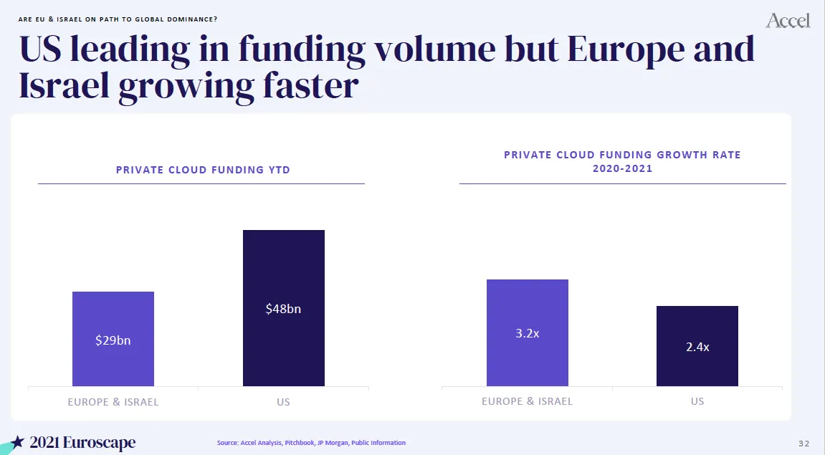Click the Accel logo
pyautogui.click(x=788, y=21)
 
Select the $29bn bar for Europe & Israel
pyautogui.click(x=113, y=315)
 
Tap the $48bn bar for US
pyautogui.click(x=284, y=272)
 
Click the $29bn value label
pyautogui.click(x=113, y=341)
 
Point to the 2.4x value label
pyautogui.click(x=697, y=347)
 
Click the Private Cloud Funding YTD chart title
pyautogui.click(x=203, y=170)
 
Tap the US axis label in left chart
pyautogui.click(x=284, y=402)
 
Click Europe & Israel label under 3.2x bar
pyautogui.click(x=528, y=401)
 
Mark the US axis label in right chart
pyautogui.click(x=697, y=401)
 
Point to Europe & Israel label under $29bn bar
pyautogui.click(x=113, y=402)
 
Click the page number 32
pyautogui.click(x=803, y=443)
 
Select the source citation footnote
pyautogui.click(x=311, y=443)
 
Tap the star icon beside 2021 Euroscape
pyautogui.click(x=19, y=442)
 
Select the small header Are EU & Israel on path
pyautogui.click(x=118, y=19)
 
